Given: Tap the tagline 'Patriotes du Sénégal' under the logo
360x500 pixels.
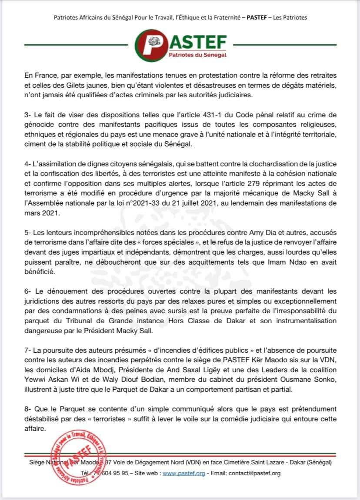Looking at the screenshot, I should tap(197, 55).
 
